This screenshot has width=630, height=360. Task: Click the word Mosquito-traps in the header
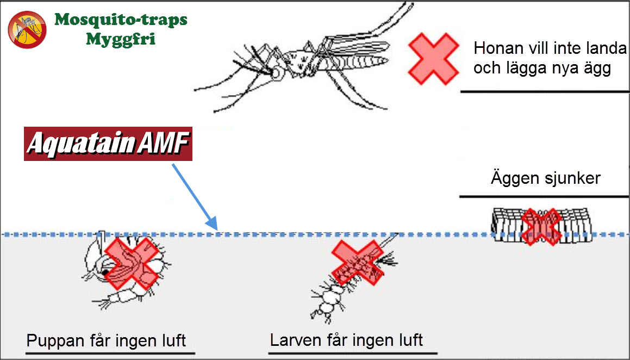[121, 20]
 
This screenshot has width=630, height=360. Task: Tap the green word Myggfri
[121, 39]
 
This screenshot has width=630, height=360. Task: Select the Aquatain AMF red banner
[108, 145]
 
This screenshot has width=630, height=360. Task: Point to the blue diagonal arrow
[195, 196]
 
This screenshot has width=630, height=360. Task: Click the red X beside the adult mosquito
[433, 59]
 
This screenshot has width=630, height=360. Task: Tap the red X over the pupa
[129, 263]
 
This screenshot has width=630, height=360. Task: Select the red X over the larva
[357, 263]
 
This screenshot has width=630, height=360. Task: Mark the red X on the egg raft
[540, 226]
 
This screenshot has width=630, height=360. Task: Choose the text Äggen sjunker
[545, 178]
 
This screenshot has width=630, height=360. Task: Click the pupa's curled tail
[117, 299]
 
